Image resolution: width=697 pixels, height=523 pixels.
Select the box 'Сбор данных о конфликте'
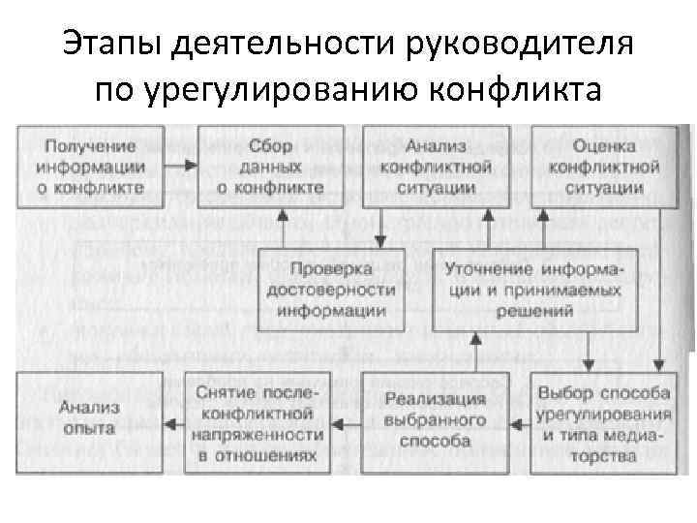257,167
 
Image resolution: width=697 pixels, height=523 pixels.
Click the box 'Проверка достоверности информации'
332,288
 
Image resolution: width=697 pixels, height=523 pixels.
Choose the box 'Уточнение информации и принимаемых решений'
534,288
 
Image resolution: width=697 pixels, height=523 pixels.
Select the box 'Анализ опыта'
87,420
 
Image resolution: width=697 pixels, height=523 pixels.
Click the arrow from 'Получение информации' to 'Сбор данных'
174,167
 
